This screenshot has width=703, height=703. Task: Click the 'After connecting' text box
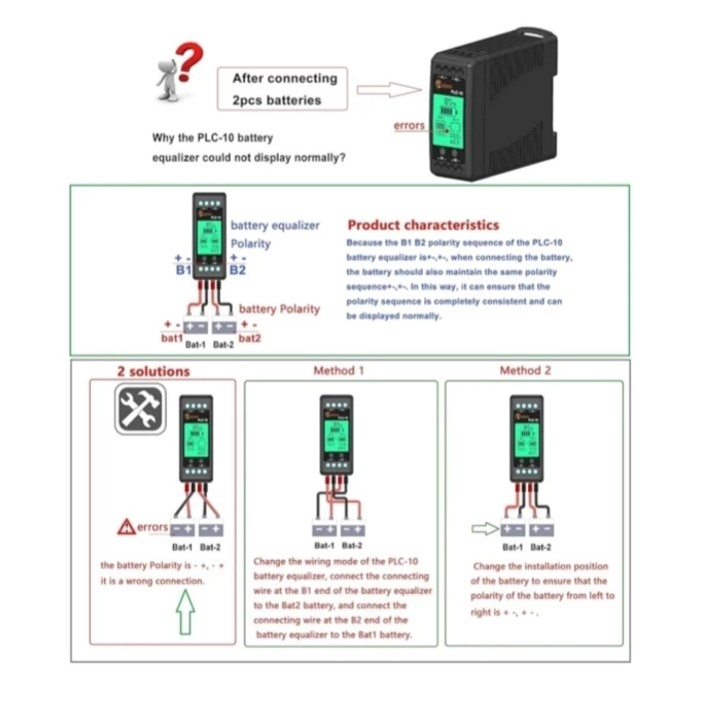[284, 89]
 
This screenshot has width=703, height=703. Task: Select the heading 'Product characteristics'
[422, 225]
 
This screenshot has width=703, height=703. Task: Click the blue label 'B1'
[183, 271]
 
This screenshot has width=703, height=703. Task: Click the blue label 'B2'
[238, 270]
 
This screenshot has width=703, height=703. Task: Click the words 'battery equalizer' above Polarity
[275, 226]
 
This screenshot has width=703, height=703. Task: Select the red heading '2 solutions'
[153, 371]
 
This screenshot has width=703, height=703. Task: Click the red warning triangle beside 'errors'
[125, 526]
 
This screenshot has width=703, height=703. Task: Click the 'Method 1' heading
[339, 370]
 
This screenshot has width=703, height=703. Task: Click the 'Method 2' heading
[525, 370]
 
